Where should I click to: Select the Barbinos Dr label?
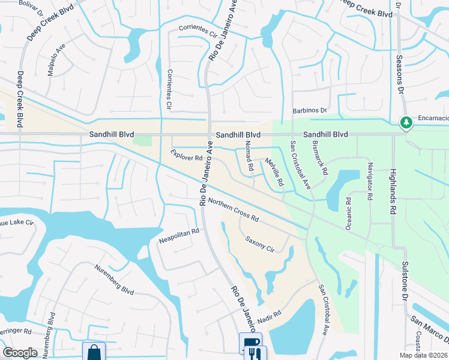click(309, 110)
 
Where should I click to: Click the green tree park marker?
click(406, 123)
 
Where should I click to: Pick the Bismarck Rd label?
click(320, 158)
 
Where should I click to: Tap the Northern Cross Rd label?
click(234, 210)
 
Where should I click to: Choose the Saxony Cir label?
click(259, 244)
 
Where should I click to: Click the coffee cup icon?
click(250, 343)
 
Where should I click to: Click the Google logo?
click(20, 353)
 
